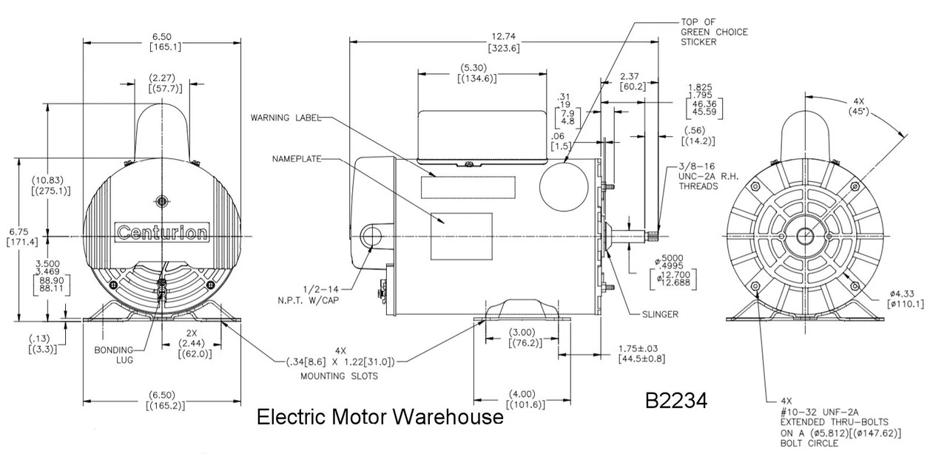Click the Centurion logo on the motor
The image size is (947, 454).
[x=162, y=233]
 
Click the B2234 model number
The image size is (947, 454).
[x=676, y=401]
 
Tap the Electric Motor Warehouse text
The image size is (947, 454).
[x=380, y=418]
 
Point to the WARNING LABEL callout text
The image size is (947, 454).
[x=286, y=118]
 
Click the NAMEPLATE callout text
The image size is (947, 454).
[x=296, y=159]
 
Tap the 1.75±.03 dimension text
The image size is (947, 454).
[x=643, y=353]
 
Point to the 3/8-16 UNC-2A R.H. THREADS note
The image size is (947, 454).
[x=708, y=178]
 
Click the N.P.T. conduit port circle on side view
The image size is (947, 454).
[x=371, y=235]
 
